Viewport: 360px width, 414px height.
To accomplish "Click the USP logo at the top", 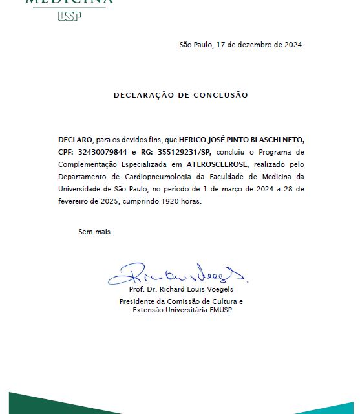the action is pos(69,16).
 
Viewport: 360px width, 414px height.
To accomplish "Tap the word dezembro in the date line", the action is pos(255,45).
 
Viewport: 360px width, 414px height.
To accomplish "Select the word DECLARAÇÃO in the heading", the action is pos(146,95).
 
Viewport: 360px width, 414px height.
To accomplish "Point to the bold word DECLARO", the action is pos(74,139).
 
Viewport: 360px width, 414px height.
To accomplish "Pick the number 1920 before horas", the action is pos(171,201).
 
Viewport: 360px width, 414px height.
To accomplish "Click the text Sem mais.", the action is pos(95,231).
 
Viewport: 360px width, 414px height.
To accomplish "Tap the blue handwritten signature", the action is pos(178,275).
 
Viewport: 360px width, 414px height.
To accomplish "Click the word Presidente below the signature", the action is pos(140,301).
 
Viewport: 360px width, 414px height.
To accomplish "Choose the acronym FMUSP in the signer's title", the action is pos(218,310).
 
